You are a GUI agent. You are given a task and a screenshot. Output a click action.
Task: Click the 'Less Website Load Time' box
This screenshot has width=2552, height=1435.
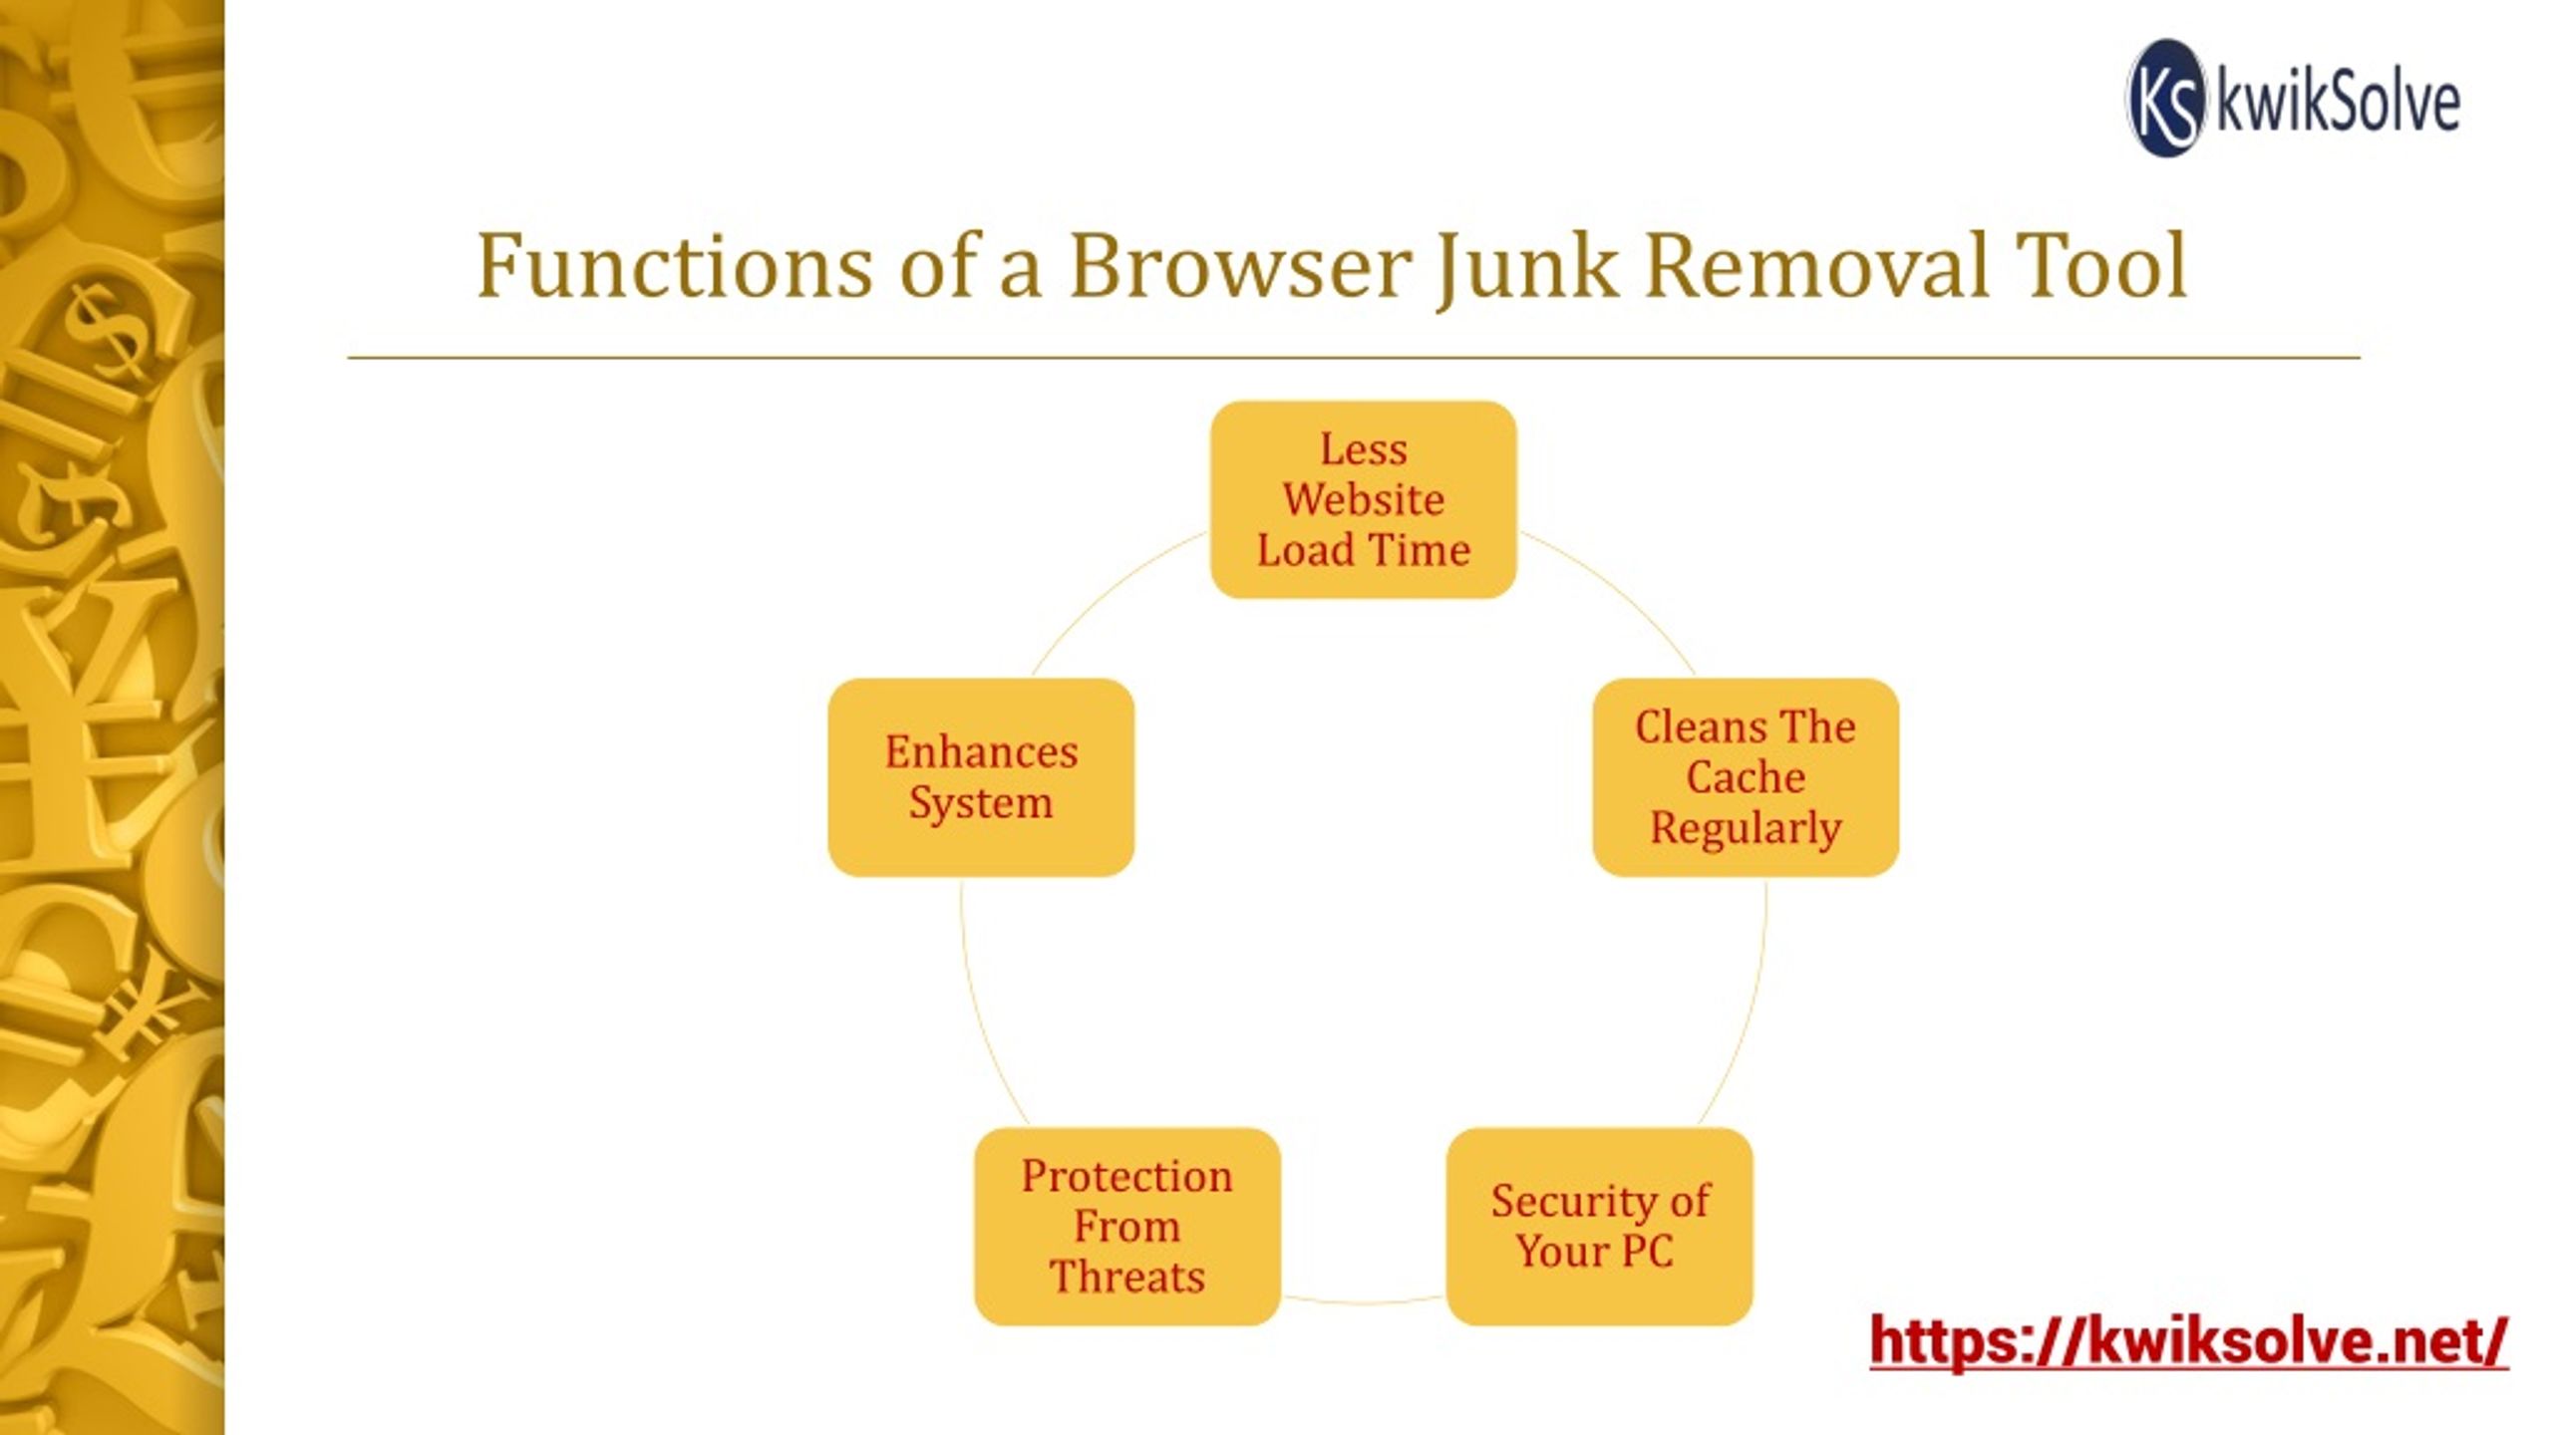[x=1363, y=499]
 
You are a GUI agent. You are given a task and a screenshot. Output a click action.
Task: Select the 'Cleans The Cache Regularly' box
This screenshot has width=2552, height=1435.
[x=1746, y=777]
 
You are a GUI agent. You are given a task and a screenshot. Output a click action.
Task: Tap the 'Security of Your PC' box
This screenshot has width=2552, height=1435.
[x=1599, y=1227]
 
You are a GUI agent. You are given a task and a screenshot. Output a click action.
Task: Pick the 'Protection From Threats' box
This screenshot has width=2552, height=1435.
[x=1127, y=1227]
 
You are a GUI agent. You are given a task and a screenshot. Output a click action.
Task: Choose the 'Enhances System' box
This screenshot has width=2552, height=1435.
[x=981, y=777]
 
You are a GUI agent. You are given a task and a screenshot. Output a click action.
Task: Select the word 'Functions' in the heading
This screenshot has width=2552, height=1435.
[x=674, y=266]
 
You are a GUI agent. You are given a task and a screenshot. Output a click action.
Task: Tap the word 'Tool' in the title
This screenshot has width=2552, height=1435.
[x=2101, y=266]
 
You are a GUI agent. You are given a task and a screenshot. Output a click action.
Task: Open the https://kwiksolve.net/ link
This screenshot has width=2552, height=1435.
[x=2188, y=1341]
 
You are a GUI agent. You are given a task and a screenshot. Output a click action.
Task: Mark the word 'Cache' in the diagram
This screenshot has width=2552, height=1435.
[x=1746, y=776]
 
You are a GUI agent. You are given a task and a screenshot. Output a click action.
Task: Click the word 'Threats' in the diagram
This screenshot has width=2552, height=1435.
[x=1127, y=1277]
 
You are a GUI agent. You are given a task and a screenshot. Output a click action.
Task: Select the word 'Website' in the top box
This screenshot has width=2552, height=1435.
[x=1363, y=499]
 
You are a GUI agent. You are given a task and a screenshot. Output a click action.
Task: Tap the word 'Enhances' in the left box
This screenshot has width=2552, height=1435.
[x=981, y=751]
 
